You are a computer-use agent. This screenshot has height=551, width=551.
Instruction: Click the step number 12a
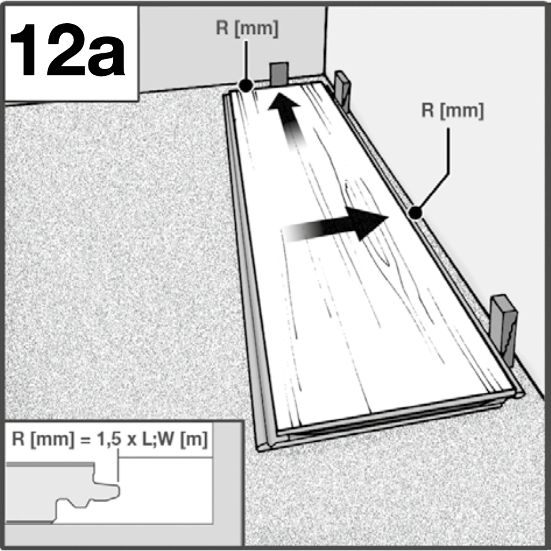(67, 50)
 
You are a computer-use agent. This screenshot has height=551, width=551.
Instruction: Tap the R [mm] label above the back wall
(247, 28)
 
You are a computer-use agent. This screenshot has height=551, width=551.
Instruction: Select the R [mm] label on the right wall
(452, 110)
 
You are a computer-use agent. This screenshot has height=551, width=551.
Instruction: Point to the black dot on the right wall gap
(415, 213)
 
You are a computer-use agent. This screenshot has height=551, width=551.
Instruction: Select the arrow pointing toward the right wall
(336, 225)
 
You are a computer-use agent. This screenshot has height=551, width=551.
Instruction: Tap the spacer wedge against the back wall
(279, 73)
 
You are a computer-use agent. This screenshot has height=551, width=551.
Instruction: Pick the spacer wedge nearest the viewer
(504, 329)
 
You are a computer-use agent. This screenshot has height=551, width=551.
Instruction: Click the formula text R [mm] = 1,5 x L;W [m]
(110, 439)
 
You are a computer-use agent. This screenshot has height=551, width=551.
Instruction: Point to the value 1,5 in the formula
(109, 439)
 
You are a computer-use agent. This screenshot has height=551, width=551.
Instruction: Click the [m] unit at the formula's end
(194, 439)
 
